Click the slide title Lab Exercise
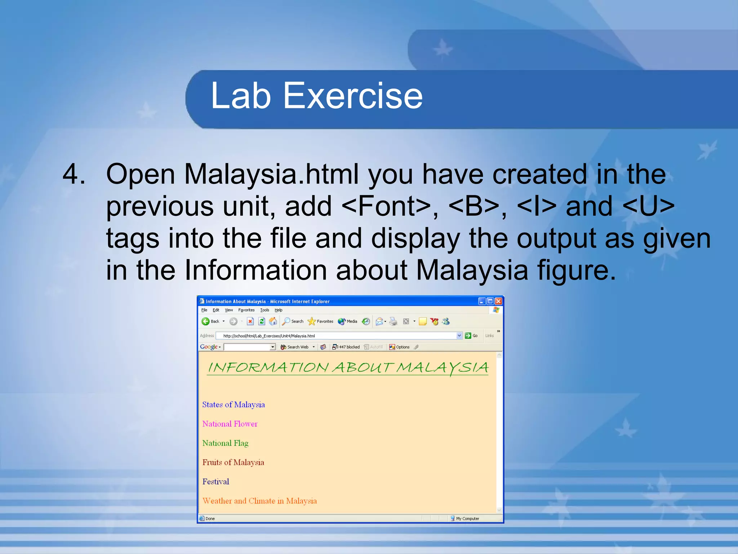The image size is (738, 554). pyautogui.click(x=316, y=96)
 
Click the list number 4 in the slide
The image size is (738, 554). pyautogui.click(x=74, y=174)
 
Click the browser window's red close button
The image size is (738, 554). pyautogui.click(x=498, y=301)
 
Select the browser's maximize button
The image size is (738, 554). pyautogui.click(x=490, y=301)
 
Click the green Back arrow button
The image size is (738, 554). pyautogui.click(x=206, y=321)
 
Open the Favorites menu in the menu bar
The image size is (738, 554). pyautogui.click(x=246, y=310)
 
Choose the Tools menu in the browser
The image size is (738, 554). pyautogui.click(x=264, y=310)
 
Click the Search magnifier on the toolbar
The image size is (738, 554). pyautogui.click(x=286, y=321)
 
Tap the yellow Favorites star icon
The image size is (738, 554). pyautogui.click(x=312, y=321)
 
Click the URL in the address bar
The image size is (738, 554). pyautogui.click(x=269, y=336)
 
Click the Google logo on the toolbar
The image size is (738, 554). pyautogui.click(x=209, y=347)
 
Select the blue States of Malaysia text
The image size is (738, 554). pyautogui.click(x=234, y=405)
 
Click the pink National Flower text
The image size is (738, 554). pyautogui.click(x=230, y=424)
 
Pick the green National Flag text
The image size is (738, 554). pyautogui.click(x=225, y=443)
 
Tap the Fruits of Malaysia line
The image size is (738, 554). pyautogui.click(x=233, y=462)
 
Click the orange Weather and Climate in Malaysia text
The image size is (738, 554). pyautogui.click(x=259, y=501)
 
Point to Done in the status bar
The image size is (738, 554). pyautogui.click(x=210, y=519)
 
